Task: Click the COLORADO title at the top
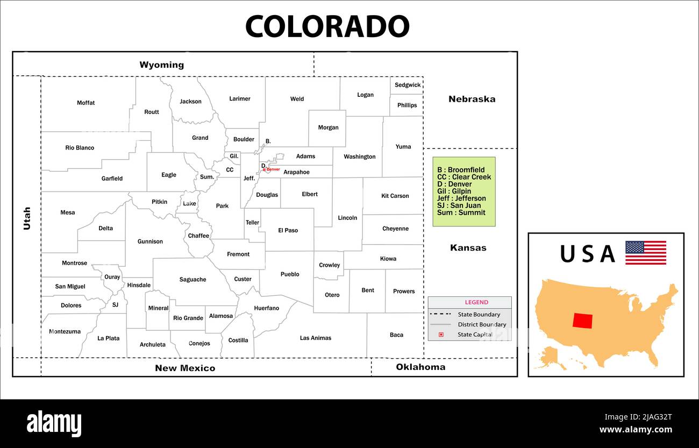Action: click(327, 26)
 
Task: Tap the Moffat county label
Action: click(85, 103)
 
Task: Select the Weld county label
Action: click(297, 99)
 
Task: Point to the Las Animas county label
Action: click(315, 338)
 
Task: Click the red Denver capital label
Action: click(273, 169)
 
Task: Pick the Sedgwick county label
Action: click(408, 85)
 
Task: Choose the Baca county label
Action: click(396, 335)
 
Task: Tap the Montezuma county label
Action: click(65, 332)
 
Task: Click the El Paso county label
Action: click(288, 231)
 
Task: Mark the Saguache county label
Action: click(192, 280)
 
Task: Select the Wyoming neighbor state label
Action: click(161, 65)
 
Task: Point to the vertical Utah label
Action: click(27, 218)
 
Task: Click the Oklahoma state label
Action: click(420, 367)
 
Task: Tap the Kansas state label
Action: click(468, 248)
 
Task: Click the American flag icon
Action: click(645, 253)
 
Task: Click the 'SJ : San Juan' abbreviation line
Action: click(459, 205)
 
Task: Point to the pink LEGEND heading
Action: click(476, 302)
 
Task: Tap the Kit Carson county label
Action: click(395, 196)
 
